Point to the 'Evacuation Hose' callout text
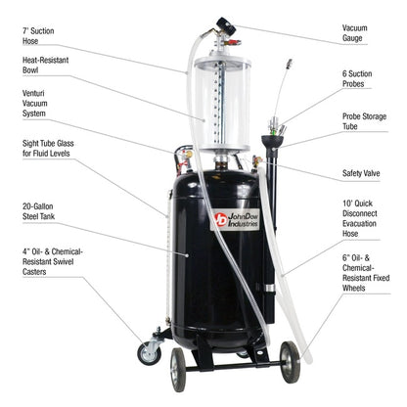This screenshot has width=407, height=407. point(362,226)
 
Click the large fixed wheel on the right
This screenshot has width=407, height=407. point(291,362)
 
